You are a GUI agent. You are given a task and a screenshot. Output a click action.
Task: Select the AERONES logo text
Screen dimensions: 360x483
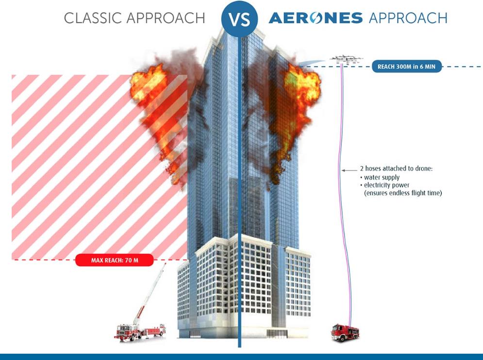tap(316, 18)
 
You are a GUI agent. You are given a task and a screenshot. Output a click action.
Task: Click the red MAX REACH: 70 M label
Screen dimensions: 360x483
tap(115, 260)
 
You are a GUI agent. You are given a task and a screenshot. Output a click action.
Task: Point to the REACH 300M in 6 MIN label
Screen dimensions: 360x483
tap(407, 66)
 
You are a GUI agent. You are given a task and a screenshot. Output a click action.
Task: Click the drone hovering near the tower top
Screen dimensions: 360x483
tap(346, 59)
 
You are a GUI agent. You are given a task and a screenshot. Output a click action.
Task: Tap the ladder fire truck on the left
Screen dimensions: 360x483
tap(138, 330)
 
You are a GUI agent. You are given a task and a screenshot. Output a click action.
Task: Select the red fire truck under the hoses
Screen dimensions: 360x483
tap(345, 332)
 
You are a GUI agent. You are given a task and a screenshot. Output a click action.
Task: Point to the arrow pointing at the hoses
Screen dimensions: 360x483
tap(349, 170)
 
